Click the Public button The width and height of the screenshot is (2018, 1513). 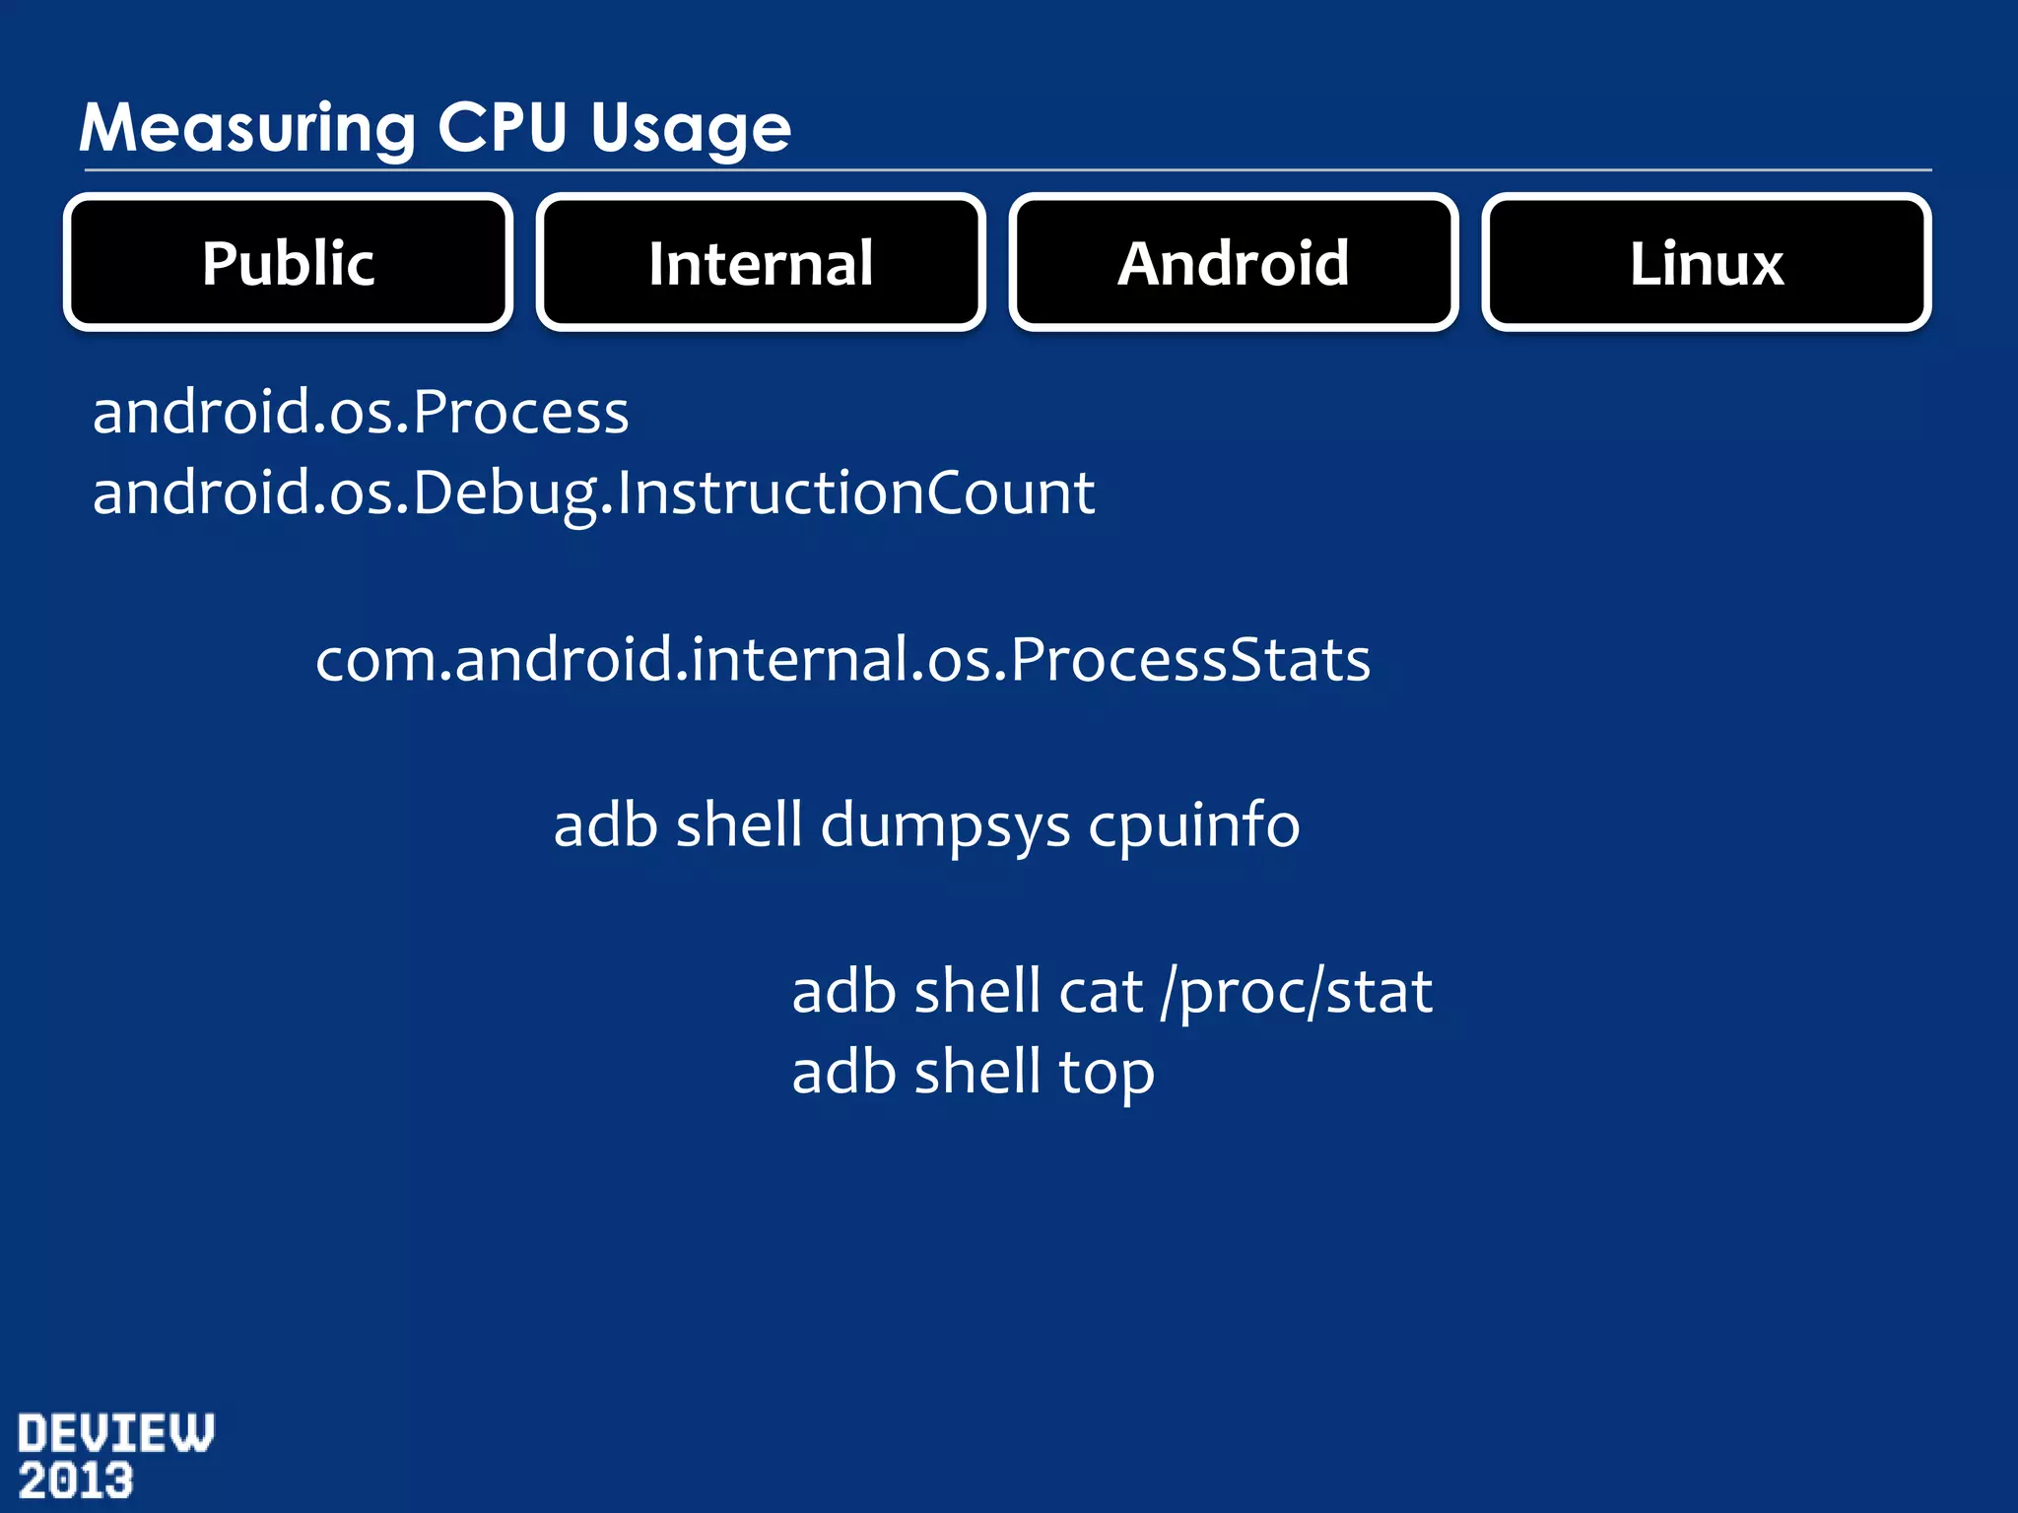tap(288, 263)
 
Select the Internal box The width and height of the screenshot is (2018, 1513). tap(761, 263)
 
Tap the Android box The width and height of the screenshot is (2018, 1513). tap(1233, 263)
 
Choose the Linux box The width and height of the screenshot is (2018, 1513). tap(1706, 263)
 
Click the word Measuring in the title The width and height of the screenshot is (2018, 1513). tap(247, 129)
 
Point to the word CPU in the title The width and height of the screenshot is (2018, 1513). tap(503, 127)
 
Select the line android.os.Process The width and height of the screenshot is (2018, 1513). tap(361, 412)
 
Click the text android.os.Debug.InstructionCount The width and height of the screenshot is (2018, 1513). tap(593, 493)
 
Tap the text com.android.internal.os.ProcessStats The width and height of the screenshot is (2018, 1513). tap(842, 659)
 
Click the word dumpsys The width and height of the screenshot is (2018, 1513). tap(945, 825)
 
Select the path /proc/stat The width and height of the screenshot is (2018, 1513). tap(1296, 992)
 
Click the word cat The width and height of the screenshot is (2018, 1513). tap(1100, 992)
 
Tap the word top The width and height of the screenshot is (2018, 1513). tap(1106, 1074)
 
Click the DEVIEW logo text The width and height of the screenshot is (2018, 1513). tap(115, 1433)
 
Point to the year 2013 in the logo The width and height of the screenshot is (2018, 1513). tap(76, 1481)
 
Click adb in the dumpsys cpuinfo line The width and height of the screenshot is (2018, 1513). tap(605, 825)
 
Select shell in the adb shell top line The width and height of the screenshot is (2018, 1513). tap(976, 1073)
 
